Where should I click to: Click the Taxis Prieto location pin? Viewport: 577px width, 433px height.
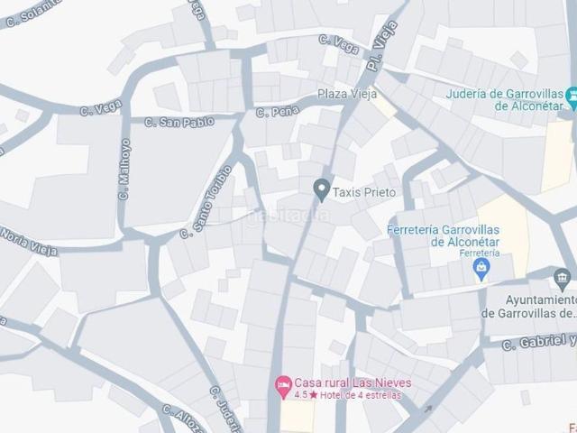tap(320, 189)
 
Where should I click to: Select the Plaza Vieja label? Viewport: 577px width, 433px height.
tap(348, 95)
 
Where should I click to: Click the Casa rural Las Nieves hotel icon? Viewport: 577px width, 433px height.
tap(283, 384)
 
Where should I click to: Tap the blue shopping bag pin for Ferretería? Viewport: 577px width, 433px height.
tap(481, 268)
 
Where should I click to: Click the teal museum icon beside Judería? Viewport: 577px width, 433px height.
tap(571, 94)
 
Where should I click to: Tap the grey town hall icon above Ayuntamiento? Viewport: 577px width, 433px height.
tap(562, 277)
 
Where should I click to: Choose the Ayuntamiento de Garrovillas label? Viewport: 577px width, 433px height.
tap(528, 307)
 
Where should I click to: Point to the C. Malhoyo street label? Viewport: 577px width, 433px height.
tap(124, 169)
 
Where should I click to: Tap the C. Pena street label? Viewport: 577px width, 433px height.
tap(277, 112)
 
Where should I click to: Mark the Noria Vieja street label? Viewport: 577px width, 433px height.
tap(28, 241)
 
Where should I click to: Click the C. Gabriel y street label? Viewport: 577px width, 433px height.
tap(539, 342)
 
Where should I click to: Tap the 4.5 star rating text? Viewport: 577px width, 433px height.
tap(288, 396)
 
